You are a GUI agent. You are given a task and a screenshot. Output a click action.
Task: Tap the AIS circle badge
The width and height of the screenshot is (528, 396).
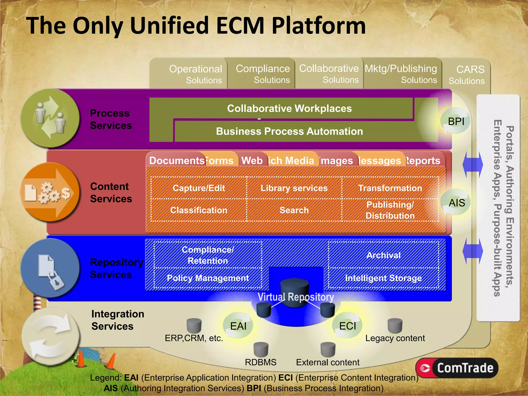[x=457, y=203]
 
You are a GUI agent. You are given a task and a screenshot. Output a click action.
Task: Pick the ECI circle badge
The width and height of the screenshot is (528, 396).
[x=347, y=326]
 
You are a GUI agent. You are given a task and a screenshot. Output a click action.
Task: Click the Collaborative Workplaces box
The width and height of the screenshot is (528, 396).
[x=289, y=109]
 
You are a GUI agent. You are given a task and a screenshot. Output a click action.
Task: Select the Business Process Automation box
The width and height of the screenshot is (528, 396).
[x=289, y=131]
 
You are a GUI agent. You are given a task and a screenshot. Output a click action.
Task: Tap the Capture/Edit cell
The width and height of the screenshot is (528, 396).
[x=199, y=188]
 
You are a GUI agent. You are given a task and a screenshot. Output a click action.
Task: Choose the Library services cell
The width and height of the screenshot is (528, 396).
[x=294, y=188]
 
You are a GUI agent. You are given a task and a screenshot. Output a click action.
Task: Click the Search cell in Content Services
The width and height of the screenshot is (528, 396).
[x=294, y=210]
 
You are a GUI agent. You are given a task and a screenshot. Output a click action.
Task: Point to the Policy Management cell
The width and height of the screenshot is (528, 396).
[x=208, y=278]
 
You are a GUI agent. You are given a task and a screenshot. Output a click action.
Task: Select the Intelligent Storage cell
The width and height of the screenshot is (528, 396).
[x=383, y=278]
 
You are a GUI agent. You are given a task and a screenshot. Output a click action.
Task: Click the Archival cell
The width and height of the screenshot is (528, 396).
[x=383, y=255]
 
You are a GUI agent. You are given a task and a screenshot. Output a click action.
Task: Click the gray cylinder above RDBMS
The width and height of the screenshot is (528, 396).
[x=261, y=350]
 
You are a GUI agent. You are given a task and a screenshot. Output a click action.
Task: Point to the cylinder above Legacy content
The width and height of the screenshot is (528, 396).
[x=395, y=326]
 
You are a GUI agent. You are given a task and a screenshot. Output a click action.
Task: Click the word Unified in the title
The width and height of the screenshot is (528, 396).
[x=173, y=26]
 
